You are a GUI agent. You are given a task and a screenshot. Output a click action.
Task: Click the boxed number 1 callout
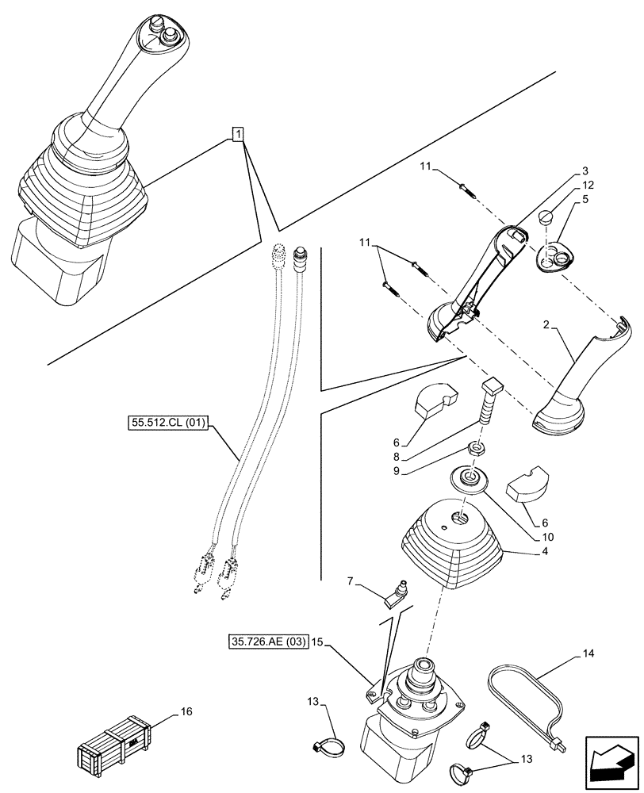click(237, 133)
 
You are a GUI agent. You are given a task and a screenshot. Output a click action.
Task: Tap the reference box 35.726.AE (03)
click(267, 639)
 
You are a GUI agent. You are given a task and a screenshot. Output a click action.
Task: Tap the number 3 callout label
click(585, 170)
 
